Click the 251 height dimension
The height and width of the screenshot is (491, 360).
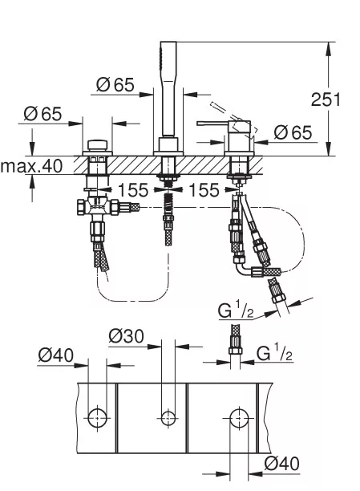tap(326, 99)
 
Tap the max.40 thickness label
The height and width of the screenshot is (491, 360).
tap(31, 166)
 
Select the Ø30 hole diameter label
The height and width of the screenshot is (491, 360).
tap(126, 336)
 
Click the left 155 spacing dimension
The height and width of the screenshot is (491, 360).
tap(133, 190)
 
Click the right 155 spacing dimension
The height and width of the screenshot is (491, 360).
tap(204, 190)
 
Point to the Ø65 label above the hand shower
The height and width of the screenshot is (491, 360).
tap(115, 84)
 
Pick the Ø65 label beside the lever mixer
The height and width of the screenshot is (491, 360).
tap(293, 132)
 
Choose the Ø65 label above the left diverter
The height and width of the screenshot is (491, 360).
tap(42, 113)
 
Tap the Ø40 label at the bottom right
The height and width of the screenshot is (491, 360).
tap(281, 464)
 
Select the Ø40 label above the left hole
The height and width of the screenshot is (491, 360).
tap(55, 355)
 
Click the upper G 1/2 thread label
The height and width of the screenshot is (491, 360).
tap(236, 310)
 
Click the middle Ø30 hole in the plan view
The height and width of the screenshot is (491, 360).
tap(168, 418)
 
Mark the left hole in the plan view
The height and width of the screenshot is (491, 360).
tap(97, 418)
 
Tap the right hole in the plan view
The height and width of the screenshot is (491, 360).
tap(239, 418)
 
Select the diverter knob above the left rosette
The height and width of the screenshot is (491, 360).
tap(97, 145)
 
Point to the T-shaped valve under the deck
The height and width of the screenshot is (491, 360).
tap(97, 207)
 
